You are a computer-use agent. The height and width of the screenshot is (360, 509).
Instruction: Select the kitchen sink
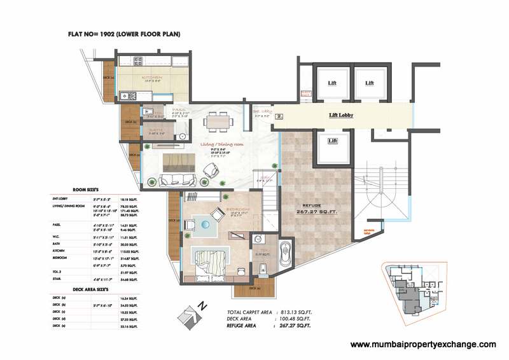click(x=159, y=60)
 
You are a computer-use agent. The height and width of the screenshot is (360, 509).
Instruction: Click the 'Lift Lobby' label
click(x=341, y=115)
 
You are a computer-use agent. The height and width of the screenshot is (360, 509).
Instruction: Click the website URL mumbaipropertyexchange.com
click(x=423, y=344)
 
